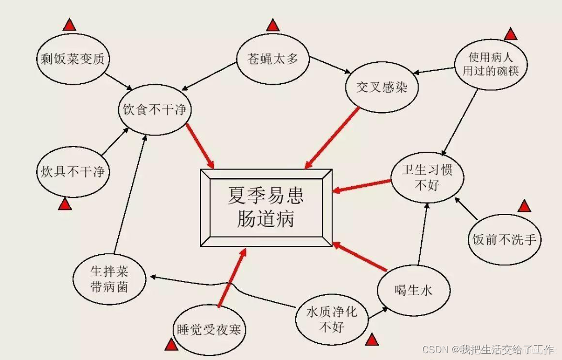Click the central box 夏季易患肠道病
266,208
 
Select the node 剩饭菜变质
73,59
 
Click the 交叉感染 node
383,87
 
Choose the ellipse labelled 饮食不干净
155,110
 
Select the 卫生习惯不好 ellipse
427,178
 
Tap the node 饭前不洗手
504,240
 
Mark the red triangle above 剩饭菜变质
69,24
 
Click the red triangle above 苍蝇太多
273,25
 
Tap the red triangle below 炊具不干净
65,204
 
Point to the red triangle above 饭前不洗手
524,206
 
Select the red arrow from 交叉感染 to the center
332,137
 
